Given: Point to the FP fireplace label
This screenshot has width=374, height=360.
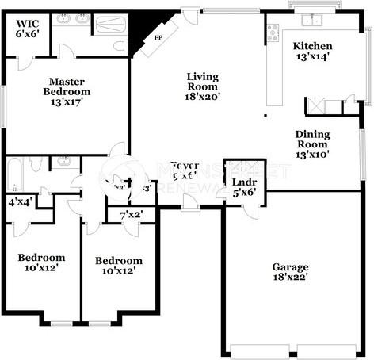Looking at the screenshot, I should click(158, 37).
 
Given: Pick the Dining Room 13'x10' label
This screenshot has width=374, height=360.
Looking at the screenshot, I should click(312, 144).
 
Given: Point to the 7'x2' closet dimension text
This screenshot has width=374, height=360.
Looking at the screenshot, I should click(132, 215).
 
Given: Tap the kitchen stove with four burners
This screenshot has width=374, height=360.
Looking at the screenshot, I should click(273, 33).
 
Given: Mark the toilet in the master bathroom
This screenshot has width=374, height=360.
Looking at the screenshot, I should click(120, 46).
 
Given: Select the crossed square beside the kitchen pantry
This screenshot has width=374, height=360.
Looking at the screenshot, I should click(314, 106).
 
